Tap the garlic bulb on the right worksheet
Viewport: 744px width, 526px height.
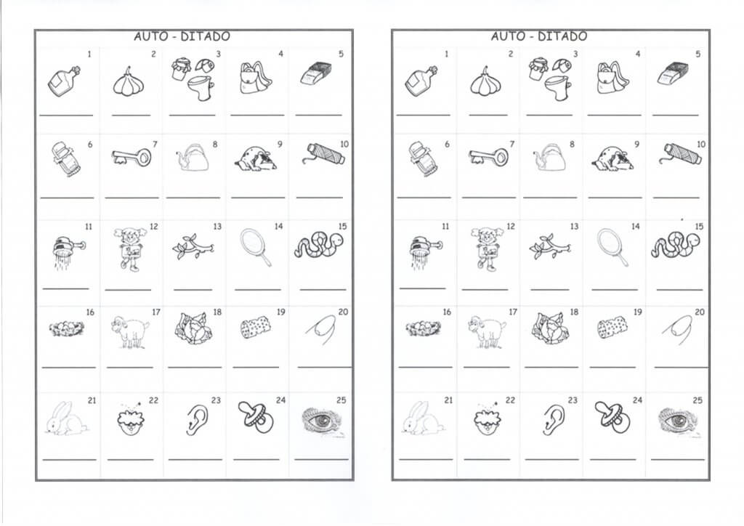pos(485,82)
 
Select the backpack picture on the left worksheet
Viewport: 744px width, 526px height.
pos(255,78)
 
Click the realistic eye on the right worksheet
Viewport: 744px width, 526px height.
pos(679,421)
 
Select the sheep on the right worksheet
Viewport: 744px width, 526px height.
pos(487,331)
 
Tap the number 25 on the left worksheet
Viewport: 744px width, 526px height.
pos(341,400)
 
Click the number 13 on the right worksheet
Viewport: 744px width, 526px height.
pos(574,227)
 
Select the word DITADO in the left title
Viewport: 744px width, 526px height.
pos(205,36)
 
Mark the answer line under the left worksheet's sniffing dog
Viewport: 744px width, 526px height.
pos(258,198)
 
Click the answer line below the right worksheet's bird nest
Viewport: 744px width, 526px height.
pos(426,367)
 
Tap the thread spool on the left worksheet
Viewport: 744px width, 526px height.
pos(323,155)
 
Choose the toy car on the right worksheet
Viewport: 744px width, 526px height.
pos(423,159)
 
